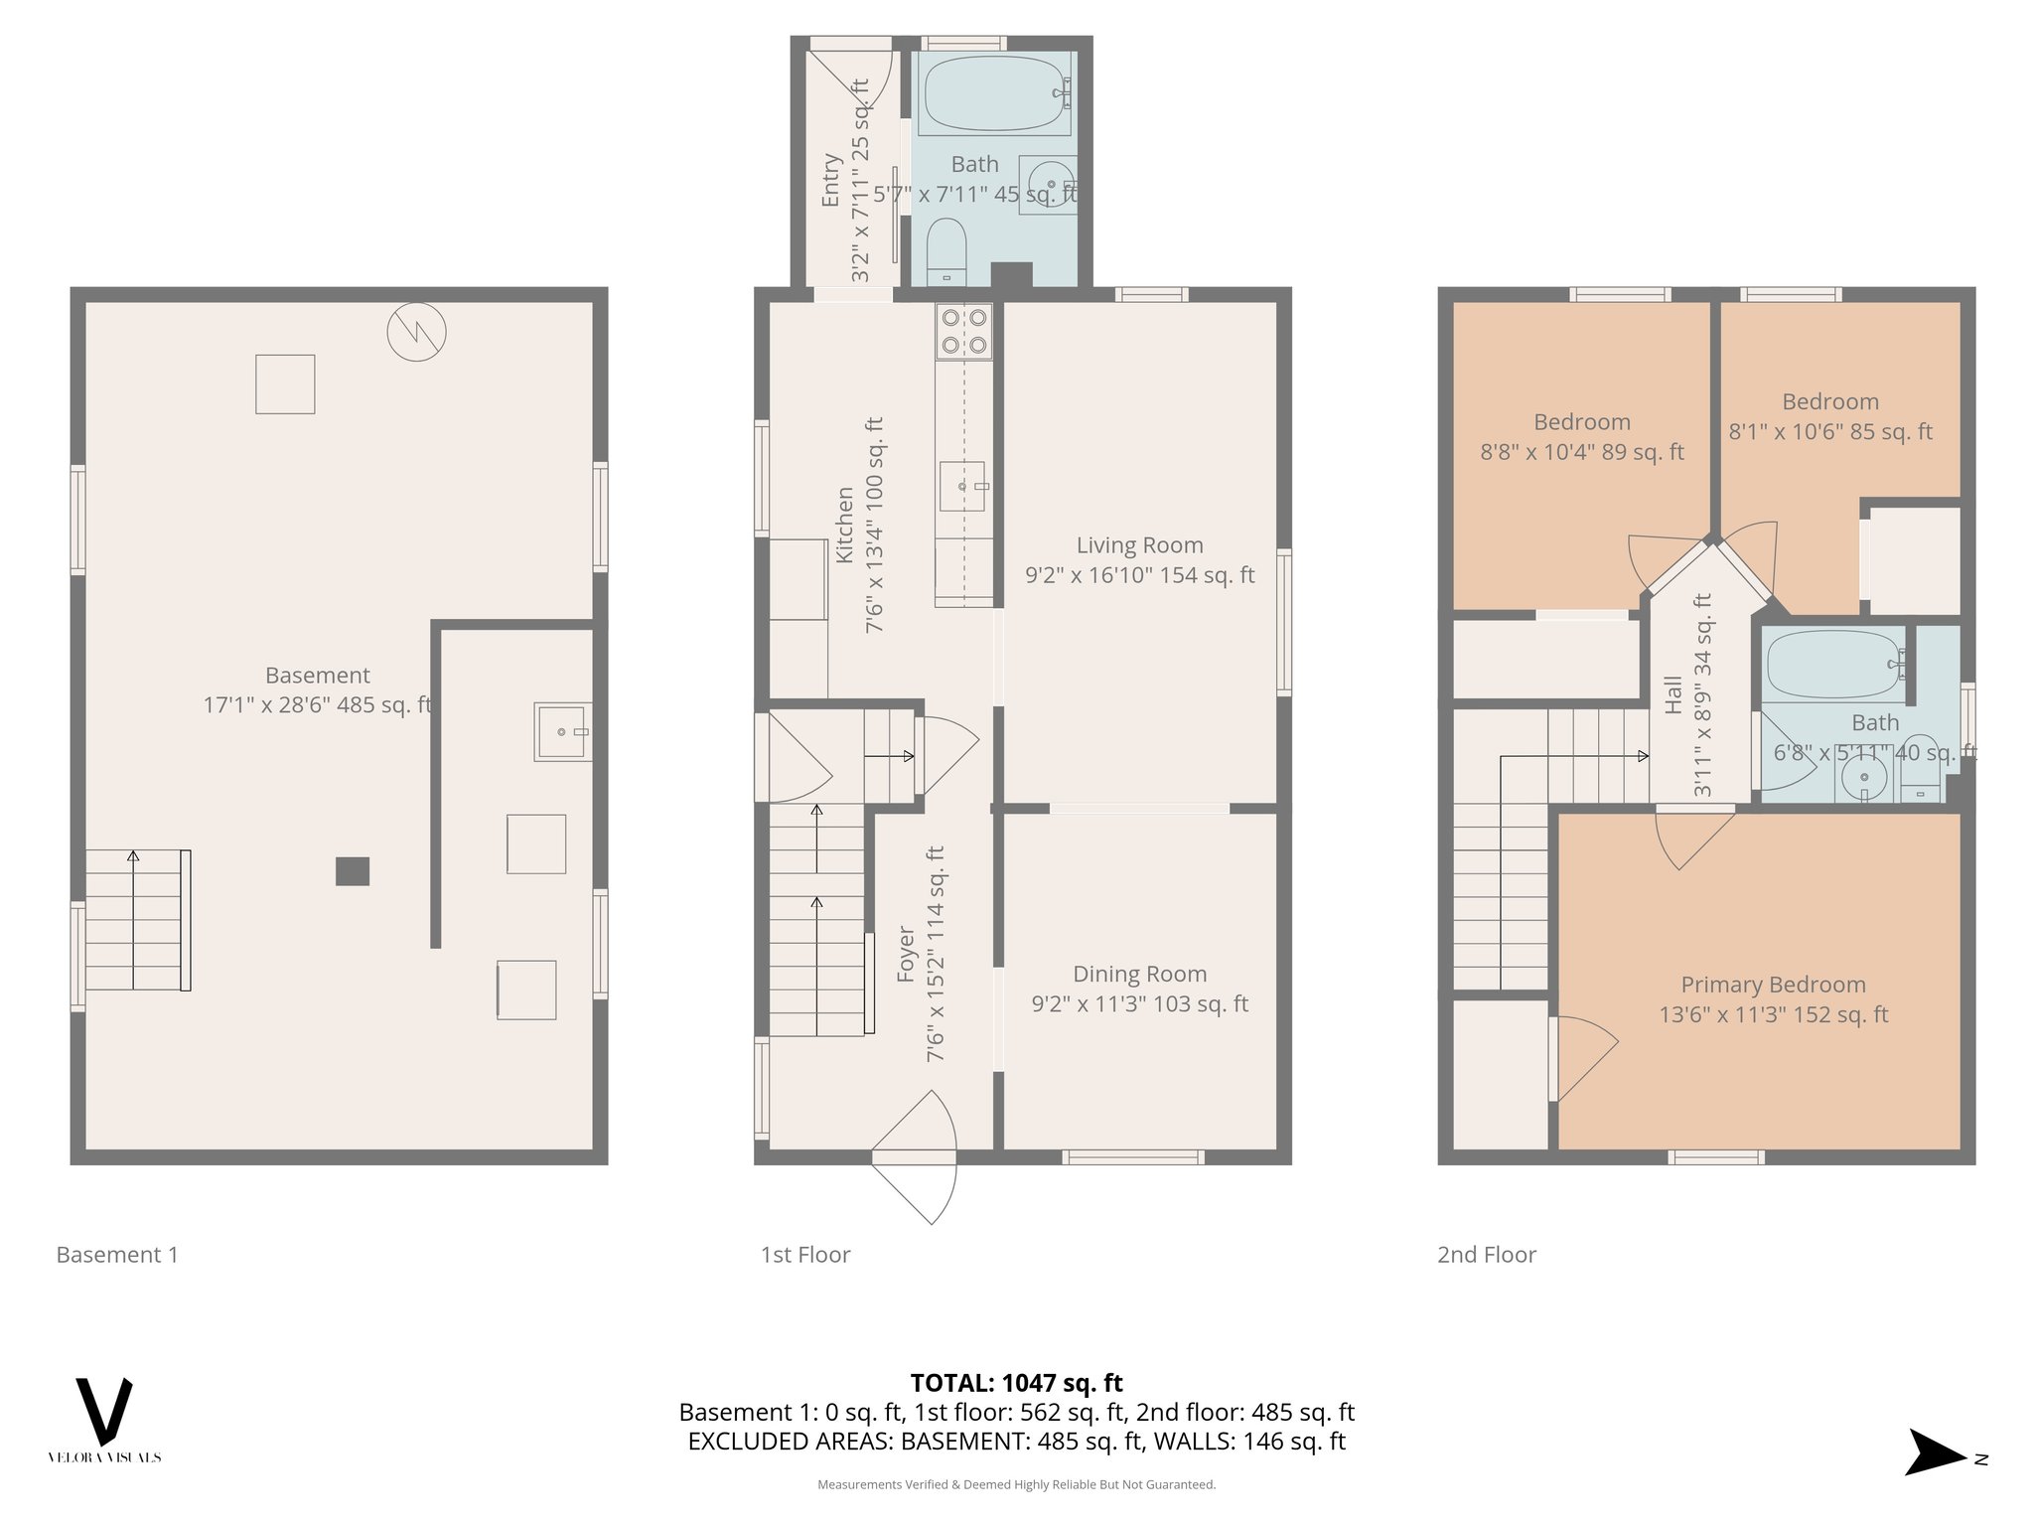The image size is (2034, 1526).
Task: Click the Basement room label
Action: tap(318, 676)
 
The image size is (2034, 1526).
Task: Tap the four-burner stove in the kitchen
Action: tap(964, 332)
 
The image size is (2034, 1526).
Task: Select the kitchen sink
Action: tap(961, 486)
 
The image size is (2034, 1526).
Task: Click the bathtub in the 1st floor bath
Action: tap(994, 93)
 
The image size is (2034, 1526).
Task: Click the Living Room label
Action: tap(1139, 545)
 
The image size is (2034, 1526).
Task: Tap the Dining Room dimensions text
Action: tap(1139, 1004)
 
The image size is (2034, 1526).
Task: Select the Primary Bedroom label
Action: tap(1773, 985)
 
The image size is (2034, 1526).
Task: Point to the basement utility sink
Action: tap(562, 732)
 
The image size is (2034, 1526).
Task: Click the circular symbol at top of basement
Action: tap(416, 331)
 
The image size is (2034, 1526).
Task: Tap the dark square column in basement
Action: tap(353, 871)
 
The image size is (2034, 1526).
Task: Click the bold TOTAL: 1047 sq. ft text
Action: tap(1016, 1383)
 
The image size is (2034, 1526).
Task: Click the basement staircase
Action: tap(137, 920)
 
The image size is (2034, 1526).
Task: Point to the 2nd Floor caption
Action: tap(1486, 1255)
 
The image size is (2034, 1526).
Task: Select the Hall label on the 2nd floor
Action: tap(1673, 694)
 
